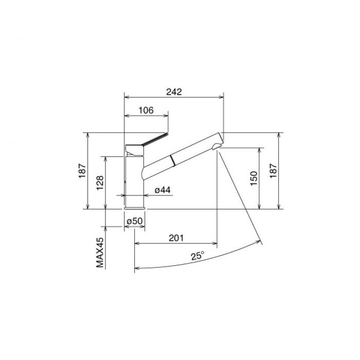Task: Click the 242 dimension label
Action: [174, 92]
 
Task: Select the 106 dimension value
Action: [146, 111]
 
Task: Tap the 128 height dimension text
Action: [100, 183]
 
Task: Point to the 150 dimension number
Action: [254, 178]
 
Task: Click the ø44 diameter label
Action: [163, 190]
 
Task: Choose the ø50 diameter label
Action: [135, 221]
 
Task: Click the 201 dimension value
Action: [176, 238]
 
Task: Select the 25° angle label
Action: [197, 256]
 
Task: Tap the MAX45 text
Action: [100, 253]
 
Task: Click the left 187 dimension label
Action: [82, 171]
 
